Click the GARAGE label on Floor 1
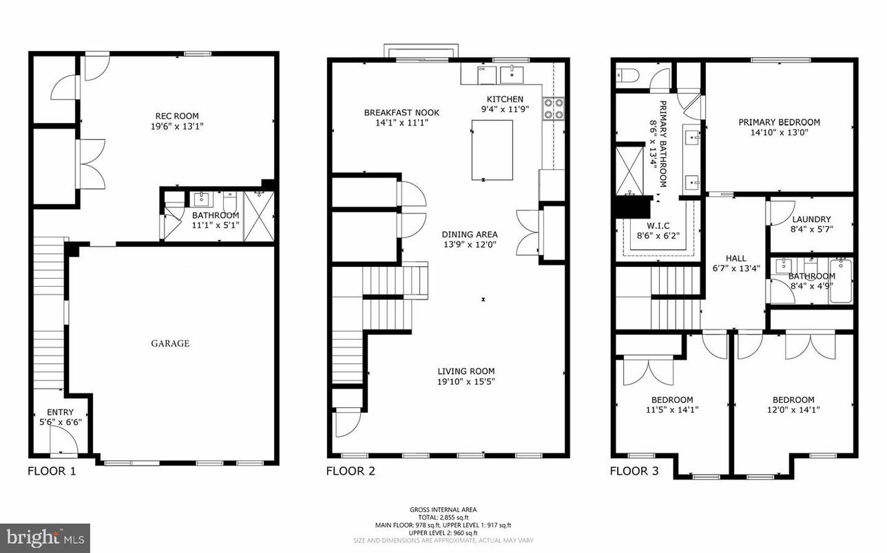click(x=170, y=343)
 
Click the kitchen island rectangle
click(x=492, y=149)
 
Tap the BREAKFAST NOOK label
click(x=401, y=113)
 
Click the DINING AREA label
click(x=469, y=235)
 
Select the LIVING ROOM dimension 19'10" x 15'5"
click(x=466, y=382)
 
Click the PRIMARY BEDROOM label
click(x=779, y=122)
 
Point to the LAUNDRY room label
click(x=811, y=219)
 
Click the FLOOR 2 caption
click(x=350, y=471)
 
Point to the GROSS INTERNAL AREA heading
click(x=443, y=510)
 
